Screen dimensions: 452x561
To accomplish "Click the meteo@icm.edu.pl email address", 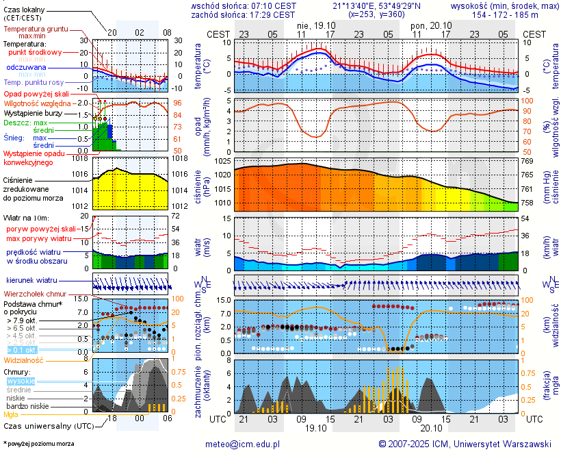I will click(x=243, y=444).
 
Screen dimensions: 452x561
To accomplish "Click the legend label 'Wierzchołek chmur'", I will click(x=38, y=294).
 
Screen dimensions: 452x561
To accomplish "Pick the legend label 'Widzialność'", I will click(x=24, y=360).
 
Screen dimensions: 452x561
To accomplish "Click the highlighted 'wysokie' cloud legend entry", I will click(x=20, y=381).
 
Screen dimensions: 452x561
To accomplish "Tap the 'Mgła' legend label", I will click(x=11, y=414).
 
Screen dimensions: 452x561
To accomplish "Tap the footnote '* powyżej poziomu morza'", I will click(x=38, y=444).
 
